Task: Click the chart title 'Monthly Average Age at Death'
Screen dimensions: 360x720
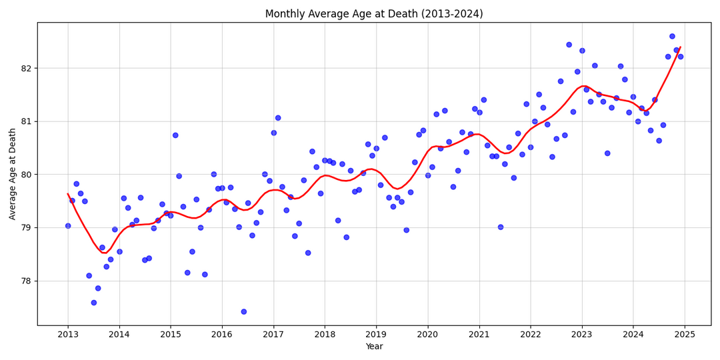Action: [x=373, y=14]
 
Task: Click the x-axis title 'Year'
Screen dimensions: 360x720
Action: [x=374, y=347]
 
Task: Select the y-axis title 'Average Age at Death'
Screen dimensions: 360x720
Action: [x=13, y=174]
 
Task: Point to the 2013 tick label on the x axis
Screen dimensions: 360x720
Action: [x=67, y=334]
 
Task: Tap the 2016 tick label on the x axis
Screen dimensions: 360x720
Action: [x=221, y=334]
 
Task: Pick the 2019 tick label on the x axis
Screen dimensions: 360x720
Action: [x=376, y=334]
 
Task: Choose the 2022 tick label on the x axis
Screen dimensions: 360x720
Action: [x=530, y=334]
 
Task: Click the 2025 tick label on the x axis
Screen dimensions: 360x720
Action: [x=685, y=334]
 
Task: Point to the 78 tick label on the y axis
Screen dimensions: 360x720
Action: [x=25, y=281]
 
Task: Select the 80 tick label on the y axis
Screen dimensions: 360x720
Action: [x=25, y=175]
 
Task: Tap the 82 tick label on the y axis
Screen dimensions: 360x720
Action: [x=25, y=68]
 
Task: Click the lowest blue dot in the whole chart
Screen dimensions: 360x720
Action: [x=244, y=311]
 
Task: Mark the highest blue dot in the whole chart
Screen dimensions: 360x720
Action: [x=672, y=36]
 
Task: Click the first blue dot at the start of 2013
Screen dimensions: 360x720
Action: [x=68, y=225]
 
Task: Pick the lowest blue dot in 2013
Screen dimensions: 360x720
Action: [x=94, y=303]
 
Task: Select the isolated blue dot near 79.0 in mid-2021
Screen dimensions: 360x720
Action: [x=501, y=227]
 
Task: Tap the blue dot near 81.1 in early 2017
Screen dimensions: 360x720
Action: [x=278, y=118]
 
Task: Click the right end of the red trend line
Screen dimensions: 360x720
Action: [x=680, y=47]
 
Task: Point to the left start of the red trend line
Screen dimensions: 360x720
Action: [x=68, y=194]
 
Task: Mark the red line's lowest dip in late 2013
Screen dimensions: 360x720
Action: [x=103, y=253]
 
